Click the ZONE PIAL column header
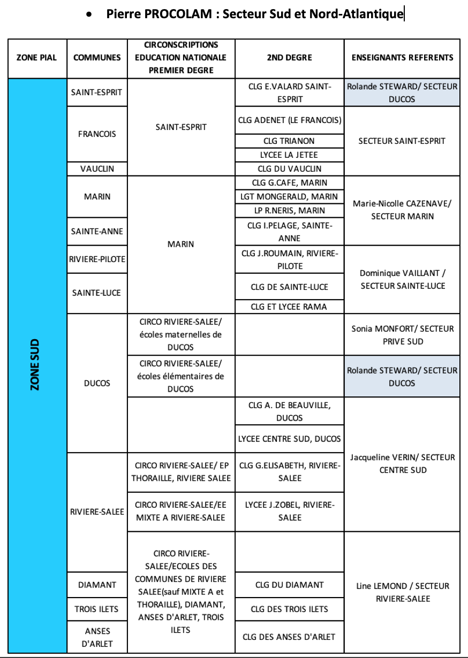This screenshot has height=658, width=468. [36, 58]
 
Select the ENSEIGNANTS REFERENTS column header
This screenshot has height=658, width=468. [402, 58]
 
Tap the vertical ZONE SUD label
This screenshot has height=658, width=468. [35, 364]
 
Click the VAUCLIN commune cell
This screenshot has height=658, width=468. [97, 169]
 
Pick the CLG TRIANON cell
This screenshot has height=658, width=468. [289, 141]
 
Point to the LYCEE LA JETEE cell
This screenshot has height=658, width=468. [289, 155]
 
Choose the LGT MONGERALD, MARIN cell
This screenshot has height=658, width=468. [289, 196]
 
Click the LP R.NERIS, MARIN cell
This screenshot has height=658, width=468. [290, 210]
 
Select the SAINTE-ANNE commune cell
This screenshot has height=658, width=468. [97, 232]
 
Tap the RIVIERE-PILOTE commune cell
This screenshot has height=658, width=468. [97, 259]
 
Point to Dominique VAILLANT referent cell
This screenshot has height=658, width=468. [403, 279]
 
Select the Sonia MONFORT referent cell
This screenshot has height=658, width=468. [403, 335]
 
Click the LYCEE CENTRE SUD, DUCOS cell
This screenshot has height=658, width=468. [289, 439]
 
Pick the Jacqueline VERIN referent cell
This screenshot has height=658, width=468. [403, 463]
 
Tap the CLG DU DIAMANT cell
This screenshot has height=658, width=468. [289, 585]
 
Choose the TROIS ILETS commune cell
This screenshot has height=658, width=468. [96, 609]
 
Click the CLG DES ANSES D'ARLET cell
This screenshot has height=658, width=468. [289, 637]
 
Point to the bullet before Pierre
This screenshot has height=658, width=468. [89, 14]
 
